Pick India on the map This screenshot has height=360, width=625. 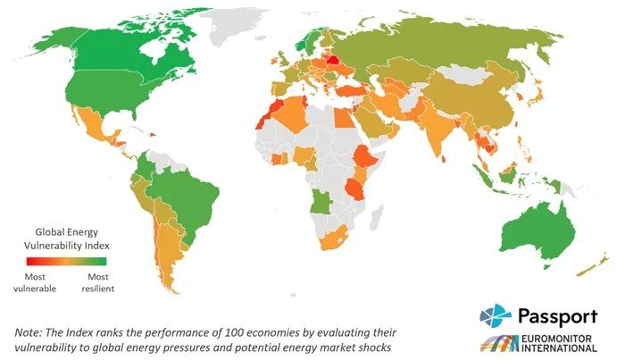pyautogui.click(x=436, y=134)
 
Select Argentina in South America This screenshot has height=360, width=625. pyautogui.click(x=166, y=255)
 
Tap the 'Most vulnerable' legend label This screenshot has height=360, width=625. pyautogui.click(x=35, y=282)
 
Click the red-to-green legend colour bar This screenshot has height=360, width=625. pyautogui.click(x=65, y=262)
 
